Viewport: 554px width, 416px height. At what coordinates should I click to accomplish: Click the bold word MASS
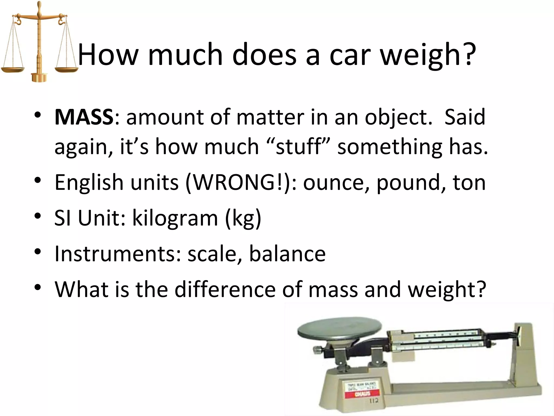tap(84, 117)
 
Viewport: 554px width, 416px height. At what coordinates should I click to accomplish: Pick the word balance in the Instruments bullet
tap(287, 254)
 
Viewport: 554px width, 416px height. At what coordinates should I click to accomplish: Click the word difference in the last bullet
tap(225, 289)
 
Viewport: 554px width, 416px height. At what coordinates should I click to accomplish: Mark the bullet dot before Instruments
tap(38, 252)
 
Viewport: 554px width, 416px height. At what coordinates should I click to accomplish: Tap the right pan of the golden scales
tap(66, 69)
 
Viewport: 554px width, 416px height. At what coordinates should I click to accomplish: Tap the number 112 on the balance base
tap(374, 401)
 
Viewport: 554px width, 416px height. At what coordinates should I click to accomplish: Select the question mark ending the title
tap(469, 54)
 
